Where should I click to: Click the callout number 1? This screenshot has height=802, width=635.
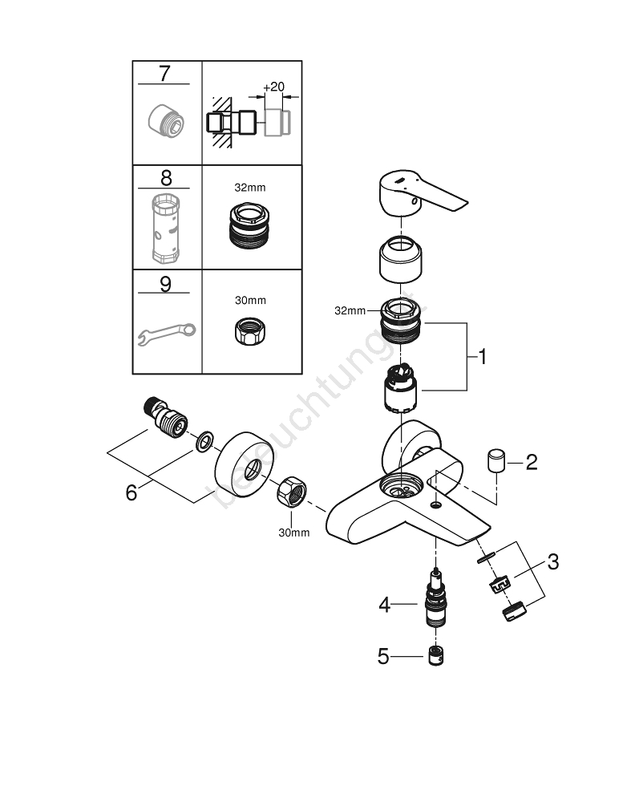coord(482,356)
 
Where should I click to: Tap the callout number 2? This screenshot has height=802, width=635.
coord(531,461)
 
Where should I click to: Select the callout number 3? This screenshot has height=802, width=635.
coord(552,562)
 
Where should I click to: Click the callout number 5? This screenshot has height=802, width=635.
coord(383,657)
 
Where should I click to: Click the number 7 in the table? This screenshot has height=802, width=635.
coord(164,74)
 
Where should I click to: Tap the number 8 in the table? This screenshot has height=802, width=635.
coord(166,178)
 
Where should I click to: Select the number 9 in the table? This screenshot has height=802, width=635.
coord(165,285)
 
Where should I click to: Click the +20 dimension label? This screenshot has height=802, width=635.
coord(273,86)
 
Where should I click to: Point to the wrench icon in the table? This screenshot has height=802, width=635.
coord(166,333)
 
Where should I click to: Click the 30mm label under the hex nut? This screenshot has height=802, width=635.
coord(293,533)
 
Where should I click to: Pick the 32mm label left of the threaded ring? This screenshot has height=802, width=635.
coord(350,311)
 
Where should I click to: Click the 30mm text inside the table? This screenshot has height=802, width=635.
coord(251,300)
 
